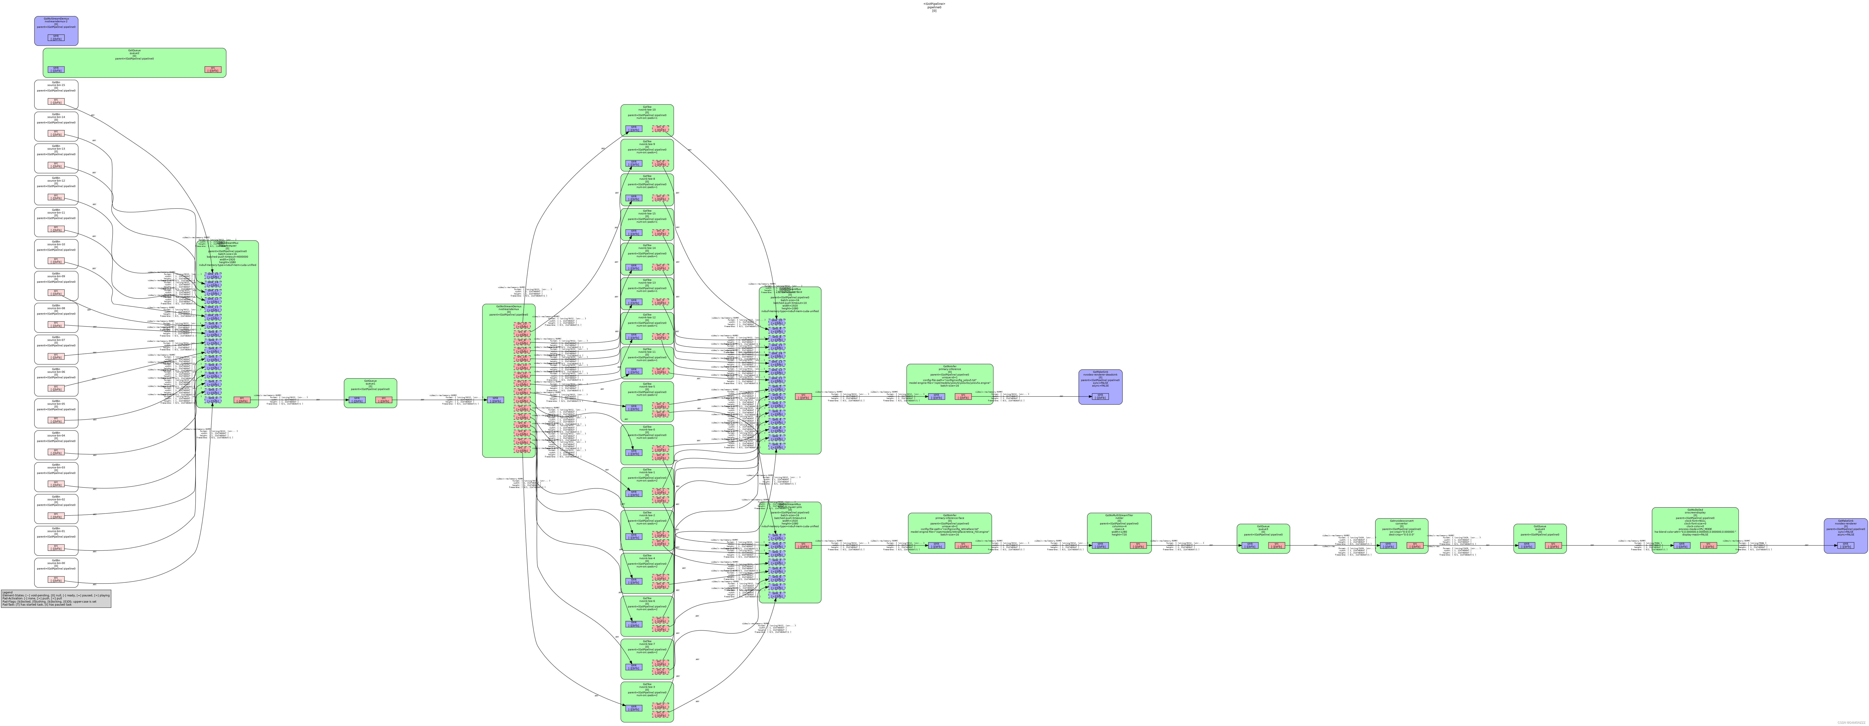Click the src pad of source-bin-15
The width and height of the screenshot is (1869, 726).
[56, 102]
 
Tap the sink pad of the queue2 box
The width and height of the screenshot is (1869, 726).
[56, 70]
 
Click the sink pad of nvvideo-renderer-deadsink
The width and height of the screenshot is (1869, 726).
[1100, 396]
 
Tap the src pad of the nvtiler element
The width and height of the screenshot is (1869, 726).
[1138, 545]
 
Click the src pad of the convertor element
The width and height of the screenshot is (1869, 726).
[1414, 545]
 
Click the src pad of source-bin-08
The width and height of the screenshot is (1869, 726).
[56, 325]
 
